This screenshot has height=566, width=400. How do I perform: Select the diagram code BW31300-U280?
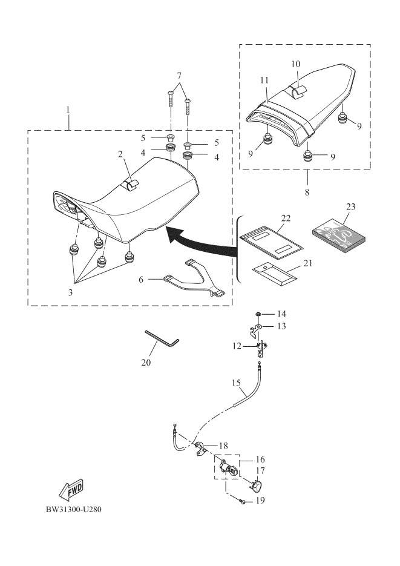click(x=77, y=508)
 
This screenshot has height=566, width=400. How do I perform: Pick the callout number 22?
click(x=286, y=217)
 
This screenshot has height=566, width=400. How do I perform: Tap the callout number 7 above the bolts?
click(x=179, y=74)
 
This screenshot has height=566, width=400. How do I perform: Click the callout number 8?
click(x=307, y=191)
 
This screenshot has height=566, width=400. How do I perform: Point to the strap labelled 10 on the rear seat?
click(x=298, y=91)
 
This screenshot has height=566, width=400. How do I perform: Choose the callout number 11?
click(x=264, y=79)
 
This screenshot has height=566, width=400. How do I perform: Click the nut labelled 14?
click(x=258, y=314)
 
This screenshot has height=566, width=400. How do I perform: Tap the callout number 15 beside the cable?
click(x=237, y=383)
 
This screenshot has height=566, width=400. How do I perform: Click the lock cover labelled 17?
click(x=257, y=485)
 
